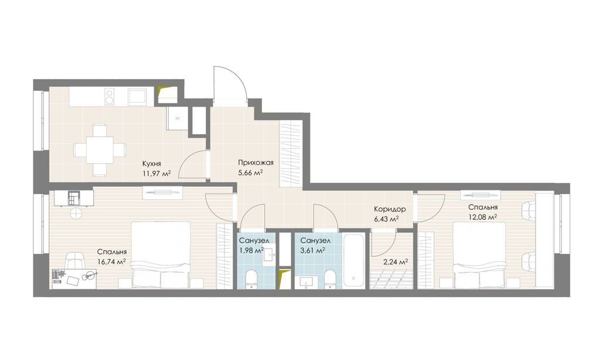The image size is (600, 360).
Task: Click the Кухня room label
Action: coord(151,164)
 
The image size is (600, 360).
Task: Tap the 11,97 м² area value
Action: coord(156,174)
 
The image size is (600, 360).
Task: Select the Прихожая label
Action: coord(255,163)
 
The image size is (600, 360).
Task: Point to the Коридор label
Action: coord(390,209)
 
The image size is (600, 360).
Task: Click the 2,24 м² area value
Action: coord(396,262)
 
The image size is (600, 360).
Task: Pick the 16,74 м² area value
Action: coord(112,262)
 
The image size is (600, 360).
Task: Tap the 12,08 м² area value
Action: coord(483,217)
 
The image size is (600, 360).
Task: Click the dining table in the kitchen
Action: coord(100,150)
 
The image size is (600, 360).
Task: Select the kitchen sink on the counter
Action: coord(137,96)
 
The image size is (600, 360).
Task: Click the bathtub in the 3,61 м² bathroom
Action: coord(354,260)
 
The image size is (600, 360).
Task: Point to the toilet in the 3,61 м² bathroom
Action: coord(329,279)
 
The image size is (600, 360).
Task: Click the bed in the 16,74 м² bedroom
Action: coord(161,254)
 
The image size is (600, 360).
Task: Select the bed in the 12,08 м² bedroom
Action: coord(479,254)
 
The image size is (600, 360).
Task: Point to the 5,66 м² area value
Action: coord(250,173)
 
